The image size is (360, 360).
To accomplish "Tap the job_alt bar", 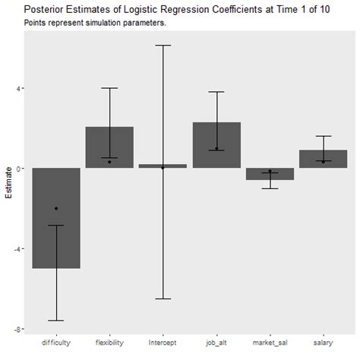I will [x=216, y=145].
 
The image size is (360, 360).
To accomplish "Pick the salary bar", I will [x=323, y=159].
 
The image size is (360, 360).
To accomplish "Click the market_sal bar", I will [x=270, y=174].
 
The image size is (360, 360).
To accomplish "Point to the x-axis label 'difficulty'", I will [x=56, y=343].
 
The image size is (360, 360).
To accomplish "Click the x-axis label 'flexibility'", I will [x=109, y=343].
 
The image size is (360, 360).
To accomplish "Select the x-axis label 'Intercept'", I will [x=163, y=343].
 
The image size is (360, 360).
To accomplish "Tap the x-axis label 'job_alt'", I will [x=216, y=343].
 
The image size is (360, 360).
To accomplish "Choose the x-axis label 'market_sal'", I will [x=270, y=343].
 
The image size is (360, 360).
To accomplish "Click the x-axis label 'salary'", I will [x=323, y=343].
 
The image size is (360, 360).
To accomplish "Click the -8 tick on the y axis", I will [x=17, y=330].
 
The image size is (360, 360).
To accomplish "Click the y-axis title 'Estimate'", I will [x=8, y=186].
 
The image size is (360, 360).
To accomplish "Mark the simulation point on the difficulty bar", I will [x=56, y=208].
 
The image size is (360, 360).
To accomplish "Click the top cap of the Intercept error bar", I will [x=163, y=46].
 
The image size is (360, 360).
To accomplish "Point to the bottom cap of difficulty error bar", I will [x=56, y=321].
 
